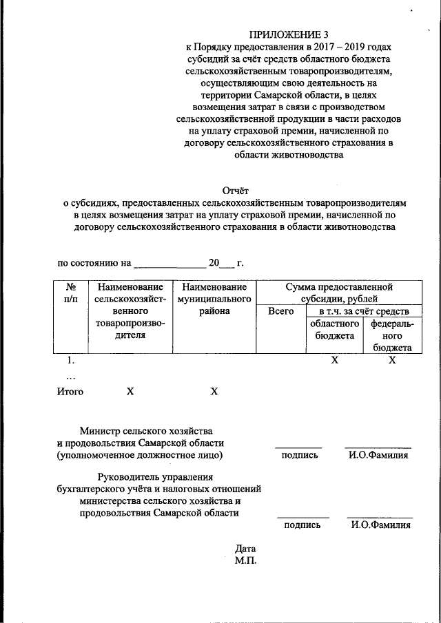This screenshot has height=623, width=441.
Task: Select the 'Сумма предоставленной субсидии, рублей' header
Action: pyautogui.click(x=339, y=293)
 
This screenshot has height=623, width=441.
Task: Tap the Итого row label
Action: pyautogui.click(x=70, y=392)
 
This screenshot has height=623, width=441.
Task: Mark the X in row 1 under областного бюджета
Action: pyautogui.click(x=334, y=360)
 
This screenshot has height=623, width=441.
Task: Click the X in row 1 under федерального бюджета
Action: pyautogui.click(x=392, y=360)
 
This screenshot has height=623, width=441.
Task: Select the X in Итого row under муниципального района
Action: pyautogui.click(x=214, y=392)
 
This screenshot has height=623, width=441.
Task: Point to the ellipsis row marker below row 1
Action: pyautogui.click(x=69, y=376)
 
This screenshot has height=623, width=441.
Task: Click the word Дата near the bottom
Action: pyautogui.click(x=245, y=549)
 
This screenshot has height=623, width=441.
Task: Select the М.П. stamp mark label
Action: pyautogui.click(x=245, y=561)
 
